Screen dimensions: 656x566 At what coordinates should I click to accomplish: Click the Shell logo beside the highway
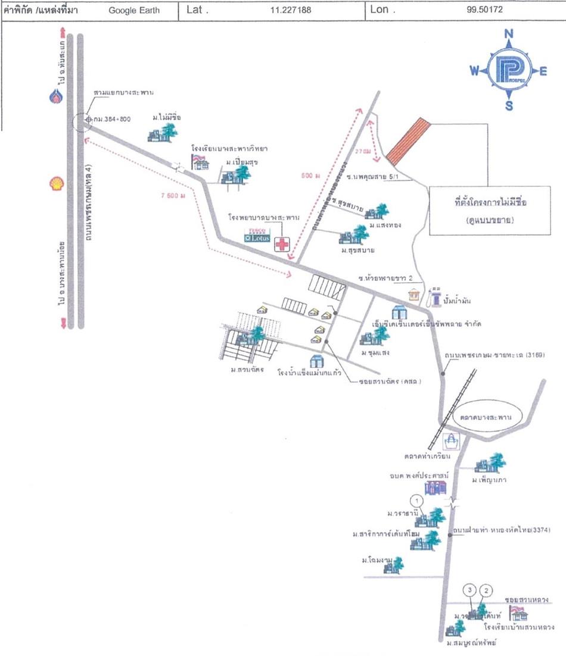(x=55, y=183)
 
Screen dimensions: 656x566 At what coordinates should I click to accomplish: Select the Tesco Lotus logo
(x=258, y=236)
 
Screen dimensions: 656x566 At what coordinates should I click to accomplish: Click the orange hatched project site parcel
(x=408, y=141)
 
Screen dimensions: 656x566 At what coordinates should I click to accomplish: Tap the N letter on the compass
(x=509, y=34)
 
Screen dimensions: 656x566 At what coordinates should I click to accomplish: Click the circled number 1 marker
(x=418, y=499)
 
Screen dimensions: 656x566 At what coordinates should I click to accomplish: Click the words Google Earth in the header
(x=134, y=10)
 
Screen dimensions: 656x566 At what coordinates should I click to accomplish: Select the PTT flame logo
(x=56, y=96)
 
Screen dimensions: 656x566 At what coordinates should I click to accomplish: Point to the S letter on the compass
(x=509, y=107)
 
